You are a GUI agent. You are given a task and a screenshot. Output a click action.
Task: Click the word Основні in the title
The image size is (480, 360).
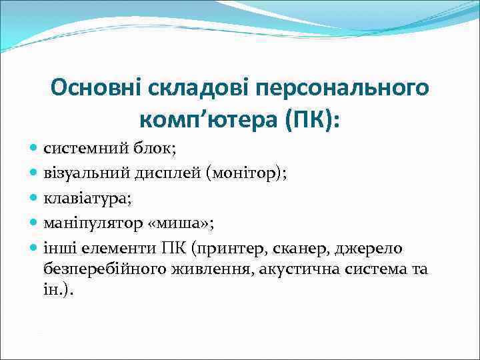(x=93, y=87)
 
